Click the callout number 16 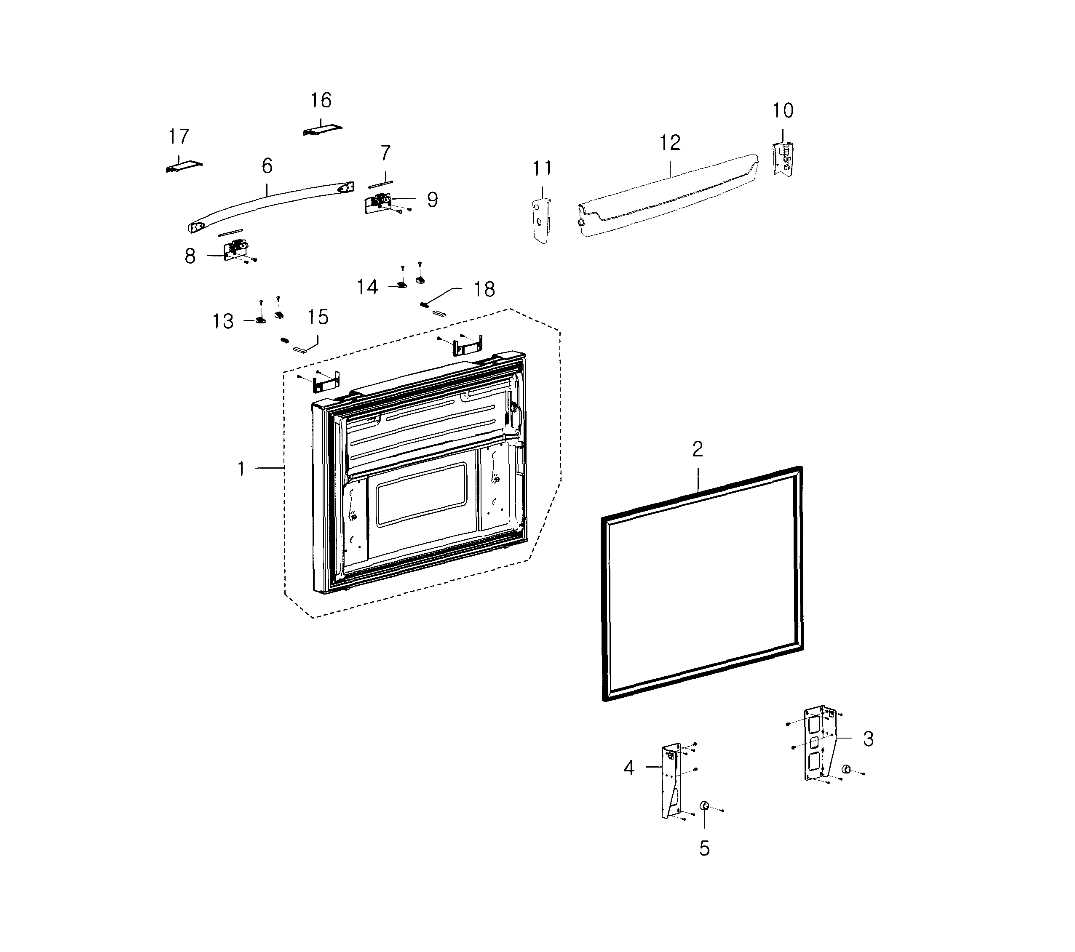(x=321, y=100)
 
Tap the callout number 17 (x=179, y=137)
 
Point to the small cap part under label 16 (x=322, y=130)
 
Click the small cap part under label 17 (x=184, y=166)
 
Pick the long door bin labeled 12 (x=668, y=195)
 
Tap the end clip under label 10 (x=783, y=159)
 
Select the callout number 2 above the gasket (x=698, y=449)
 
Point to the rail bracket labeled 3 (x=821, y=744)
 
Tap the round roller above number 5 (x=704, y=806)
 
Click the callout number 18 (x=484, y=289)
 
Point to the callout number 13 (x=222, y=321)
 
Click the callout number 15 (x=318, y=317)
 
